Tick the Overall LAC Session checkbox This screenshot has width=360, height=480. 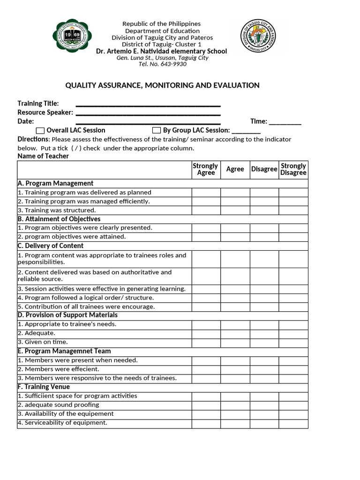40,130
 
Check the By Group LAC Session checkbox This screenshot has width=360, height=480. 157,130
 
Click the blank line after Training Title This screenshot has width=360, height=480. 148,104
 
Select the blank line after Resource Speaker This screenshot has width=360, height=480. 148,113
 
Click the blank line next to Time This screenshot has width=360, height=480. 285,122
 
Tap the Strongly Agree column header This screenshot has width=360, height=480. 206,169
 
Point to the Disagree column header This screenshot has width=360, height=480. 264,169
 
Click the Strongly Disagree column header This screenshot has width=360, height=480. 293,169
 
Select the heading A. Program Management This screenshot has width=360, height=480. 55,183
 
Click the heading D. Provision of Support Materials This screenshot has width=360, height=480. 67,315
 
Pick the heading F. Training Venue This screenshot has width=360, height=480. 44,387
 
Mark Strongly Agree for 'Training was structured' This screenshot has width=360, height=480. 206,210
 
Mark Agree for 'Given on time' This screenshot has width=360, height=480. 235,342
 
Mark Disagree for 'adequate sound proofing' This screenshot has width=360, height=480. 264,405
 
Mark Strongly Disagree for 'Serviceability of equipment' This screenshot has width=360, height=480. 293,423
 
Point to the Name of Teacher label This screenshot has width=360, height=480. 43,156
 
